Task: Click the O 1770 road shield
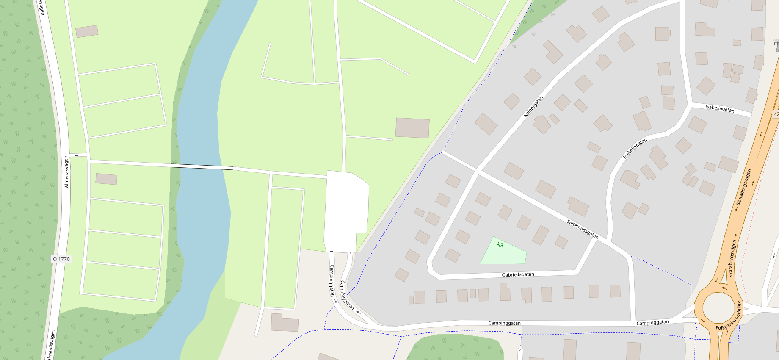(x=61, y=259)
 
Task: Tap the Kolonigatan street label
(x=533, y=107)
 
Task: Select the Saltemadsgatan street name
(x=583, y=229)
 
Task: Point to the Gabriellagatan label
(x=518, y=274)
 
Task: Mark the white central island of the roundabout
(x=718, y=308)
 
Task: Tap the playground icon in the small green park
(x=500, y=245)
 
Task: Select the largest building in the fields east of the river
(x=412, y=128)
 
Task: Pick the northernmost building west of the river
(x=87, y=31)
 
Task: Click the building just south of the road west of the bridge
(x=106, y=179)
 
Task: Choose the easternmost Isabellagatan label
(x=720, y=108)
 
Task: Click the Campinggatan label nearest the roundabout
(x=652, y=323)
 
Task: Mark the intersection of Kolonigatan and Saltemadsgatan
(x=477, y=172)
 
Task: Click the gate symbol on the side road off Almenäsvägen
(x=77, y=155)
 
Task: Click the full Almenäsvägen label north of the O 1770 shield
(x=66, y=172)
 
